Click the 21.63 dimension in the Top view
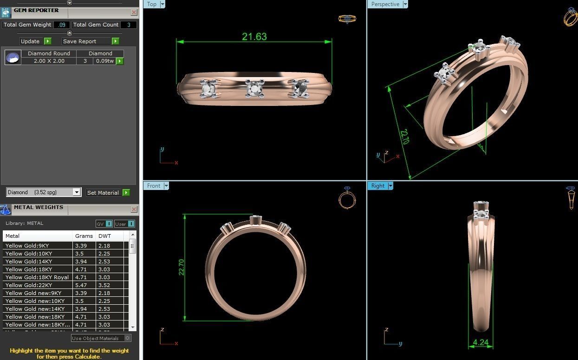pyautogui.click(x=254, y=37)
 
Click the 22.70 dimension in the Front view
pyautogui.click(x=182, y=267)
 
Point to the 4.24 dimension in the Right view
pyautogui.click(x=481, y=343)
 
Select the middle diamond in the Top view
pyautogui.click(x=254, y=88)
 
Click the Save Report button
pyautogui.click(x=80, y=41)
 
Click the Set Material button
pyautogui.click(x=103, y=192)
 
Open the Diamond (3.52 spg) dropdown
pyautogui.click(x=77, y=192)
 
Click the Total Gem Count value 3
pyautogui.click(x=129, y=25)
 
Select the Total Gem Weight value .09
pyautogui.click(x=62, y=25)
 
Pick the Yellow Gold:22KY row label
pyautogui.click(x=29, y=285)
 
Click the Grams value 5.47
pyautogui.click(x=81, y=285)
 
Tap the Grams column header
pyautogui.click(x=84, y=236)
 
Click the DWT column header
pyautogui.click(x=104, y=236)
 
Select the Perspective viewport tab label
pyautogui.click(x=385, y=4)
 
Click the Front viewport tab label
pyautogui.click(x=153, y=186)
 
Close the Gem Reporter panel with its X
pyautogui.click(x=134, y=13)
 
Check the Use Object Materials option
pyautogui.click(x=128, y=338)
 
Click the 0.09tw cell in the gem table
pyautogui.click(x=105, y=61)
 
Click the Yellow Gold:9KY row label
pyautogui.click(x=27, y=246)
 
